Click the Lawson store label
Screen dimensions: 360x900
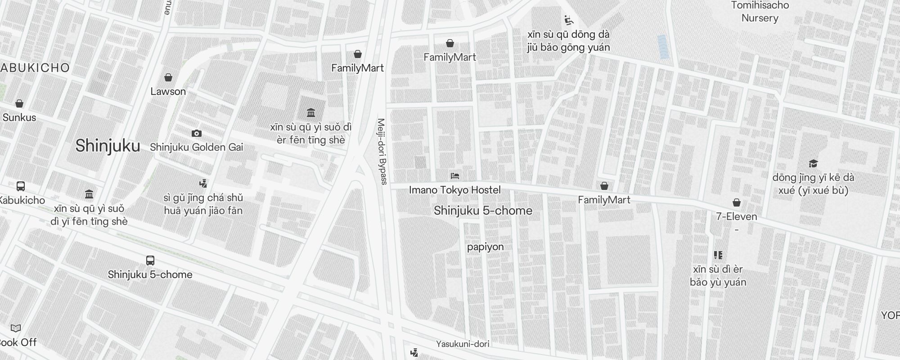coord(168,91)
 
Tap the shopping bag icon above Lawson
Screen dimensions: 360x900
coord(168,77)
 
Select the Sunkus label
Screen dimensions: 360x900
coord(19,117)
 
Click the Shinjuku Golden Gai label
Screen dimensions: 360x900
coord(196,147)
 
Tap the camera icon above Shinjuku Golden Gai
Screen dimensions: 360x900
coord(197,133)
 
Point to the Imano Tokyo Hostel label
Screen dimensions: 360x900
coord(454,190)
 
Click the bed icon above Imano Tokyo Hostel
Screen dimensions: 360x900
coord(455,175)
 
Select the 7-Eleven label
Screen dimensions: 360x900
coord(737,216)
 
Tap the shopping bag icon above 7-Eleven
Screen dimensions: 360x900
coord(737,202)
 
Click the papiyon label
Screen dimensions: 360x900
coord(485,247)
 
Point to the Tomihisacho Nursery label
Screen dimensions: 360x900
coord(760,12)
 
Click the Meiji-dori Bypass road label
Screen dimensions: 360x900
coord(382,152)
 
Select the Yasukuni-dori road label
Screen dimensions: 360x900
coord(463,344)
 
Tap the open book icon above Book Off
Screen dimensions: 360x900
coord(16,328)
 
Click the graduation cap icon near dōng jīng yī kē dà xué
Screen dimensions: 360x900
coord(813,163)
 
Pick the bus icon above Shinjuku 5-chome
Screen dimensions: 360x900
coord(150,260)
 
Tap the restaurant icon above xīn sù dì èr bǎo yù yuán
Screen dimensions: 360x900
coord(718,255)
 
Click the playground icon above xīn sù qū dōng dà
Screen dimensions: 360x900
coord(569,20)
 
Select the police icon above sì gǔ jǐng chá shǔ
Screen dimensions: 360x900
coord(203,183)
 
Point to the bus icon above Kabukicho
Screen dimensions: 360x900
coord(21,186)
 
